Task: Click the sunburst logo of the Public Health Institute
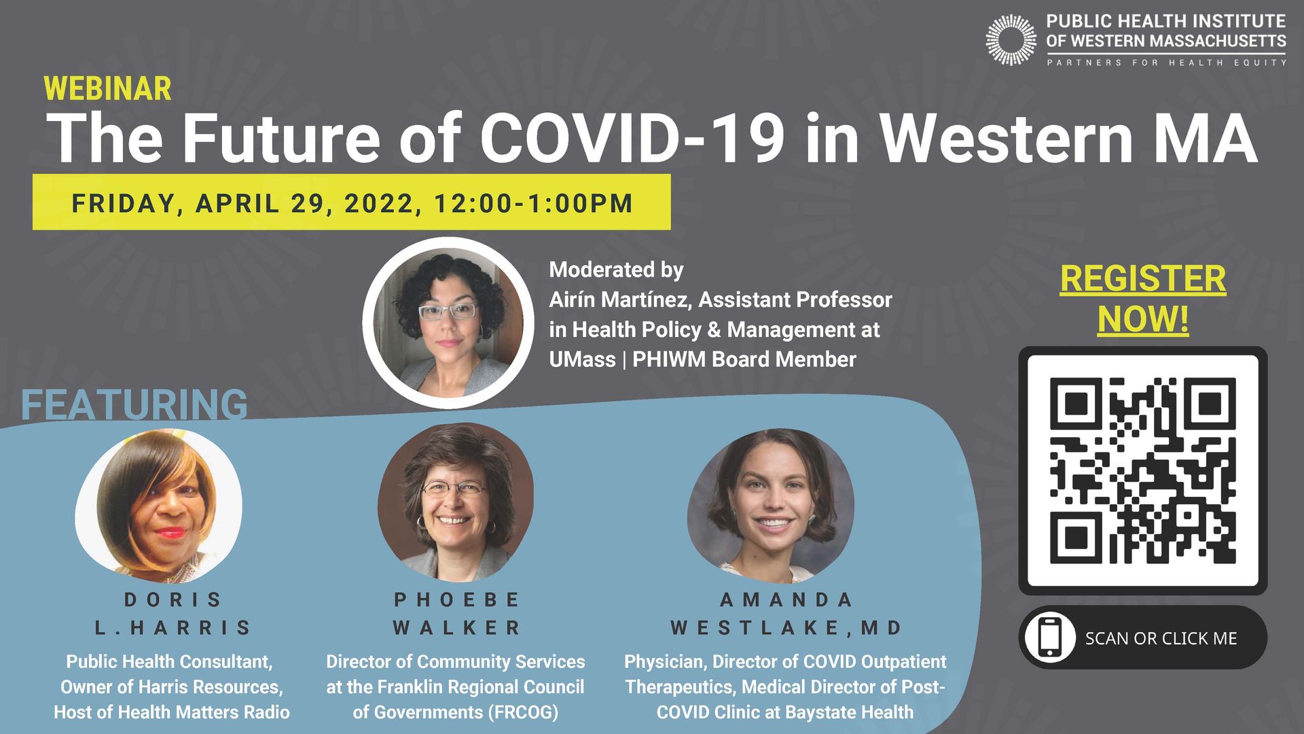tap(1011, 40)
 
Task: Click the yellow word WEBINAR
tap(107, 89)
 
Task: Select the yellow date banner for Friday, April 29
tap(352, 202)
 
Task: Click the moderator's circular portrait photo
tap(448, 322)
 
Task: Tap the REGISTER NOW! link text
tap(1143, 298)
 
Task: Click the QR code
tap(1143, 470)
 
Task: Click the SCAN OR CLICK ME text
tap(1161, 638)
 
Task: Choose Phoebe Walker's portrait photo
tap(456, 502)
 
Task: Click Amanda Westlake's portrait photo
tap(771, 505)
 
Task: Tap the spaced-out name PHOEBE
tap(456, 600)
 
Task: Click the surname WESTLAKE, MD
tap(786, 628)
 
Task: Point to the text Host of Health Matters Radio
tap(172, 712)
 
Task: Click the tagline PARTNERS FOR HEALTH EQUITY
tap(1166, 63)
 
